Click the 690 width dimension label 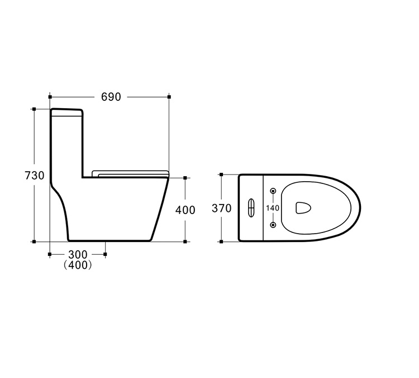(111, 97)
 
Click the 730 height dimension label (35, 176)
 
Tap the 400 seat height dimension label (185, 210)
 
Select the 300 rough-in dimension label (78, 254)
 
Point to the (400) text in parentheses (78, 265)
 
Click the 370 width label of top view (222, 209)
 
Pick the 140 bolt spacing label (273, 208)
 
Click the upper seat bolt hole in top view (273, 191)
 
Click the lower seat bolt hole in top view (273, 225)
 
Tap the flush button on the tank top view (251, 208)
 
